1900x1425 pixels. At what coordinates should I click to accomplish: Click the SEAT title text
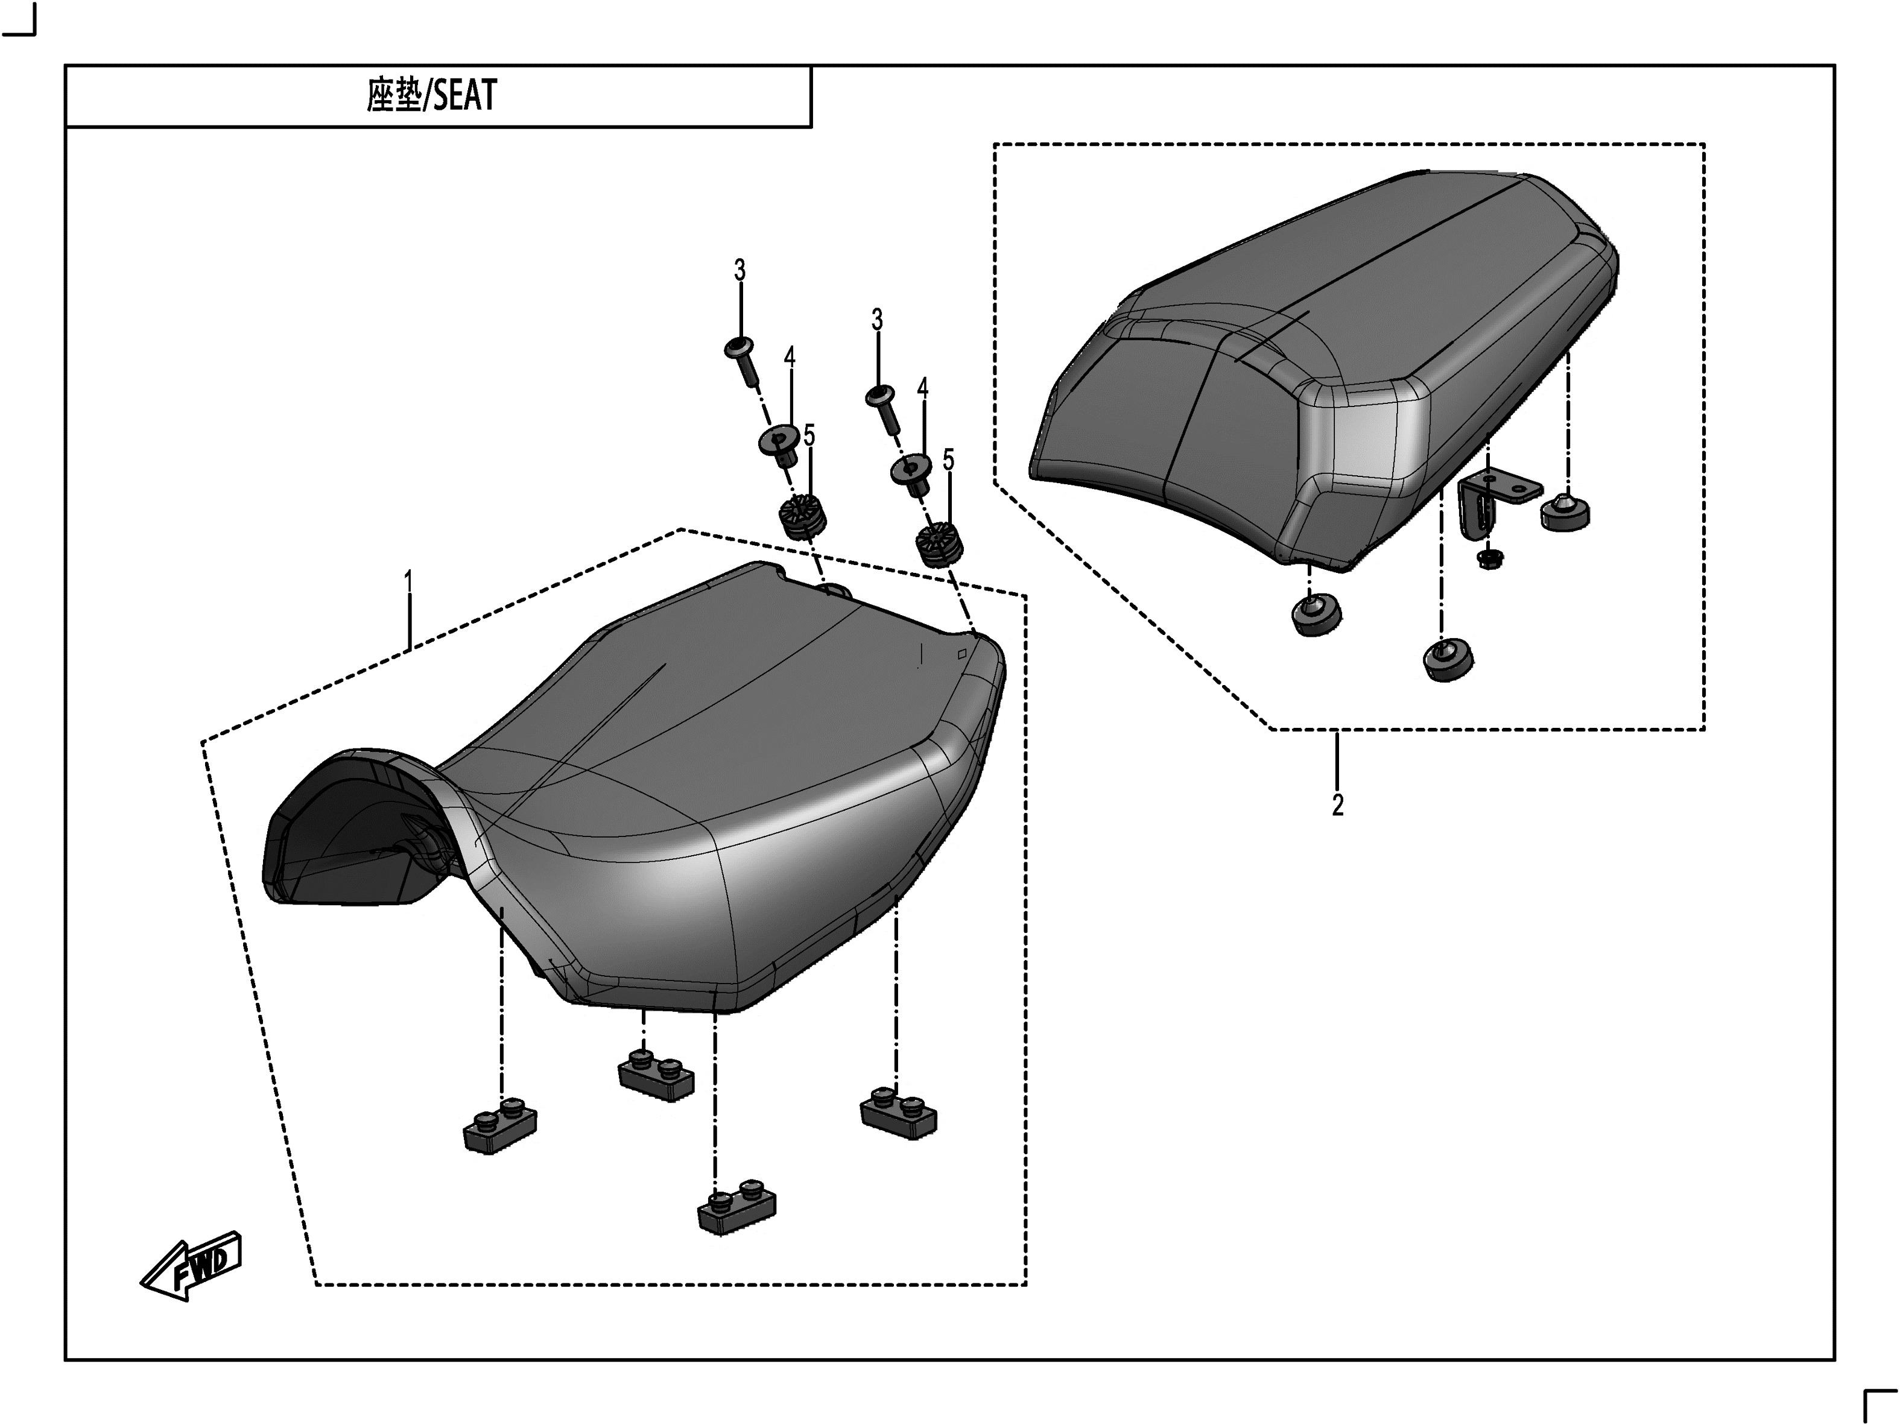431,95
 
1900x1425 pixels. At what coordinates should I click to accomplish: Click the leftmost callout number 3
739,271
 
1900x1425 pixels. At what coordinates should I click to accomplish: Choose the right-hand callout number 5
948,460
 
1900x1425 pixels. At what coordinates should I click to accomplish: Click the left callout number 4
790,358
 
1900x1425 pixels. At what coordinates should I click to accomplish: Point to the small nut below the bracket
1487,559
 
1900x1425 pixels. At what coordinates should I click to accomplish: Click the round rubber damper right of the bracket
1564,512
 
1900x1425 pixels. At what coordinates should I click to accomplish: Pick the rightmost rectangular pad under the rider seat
899,1113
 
